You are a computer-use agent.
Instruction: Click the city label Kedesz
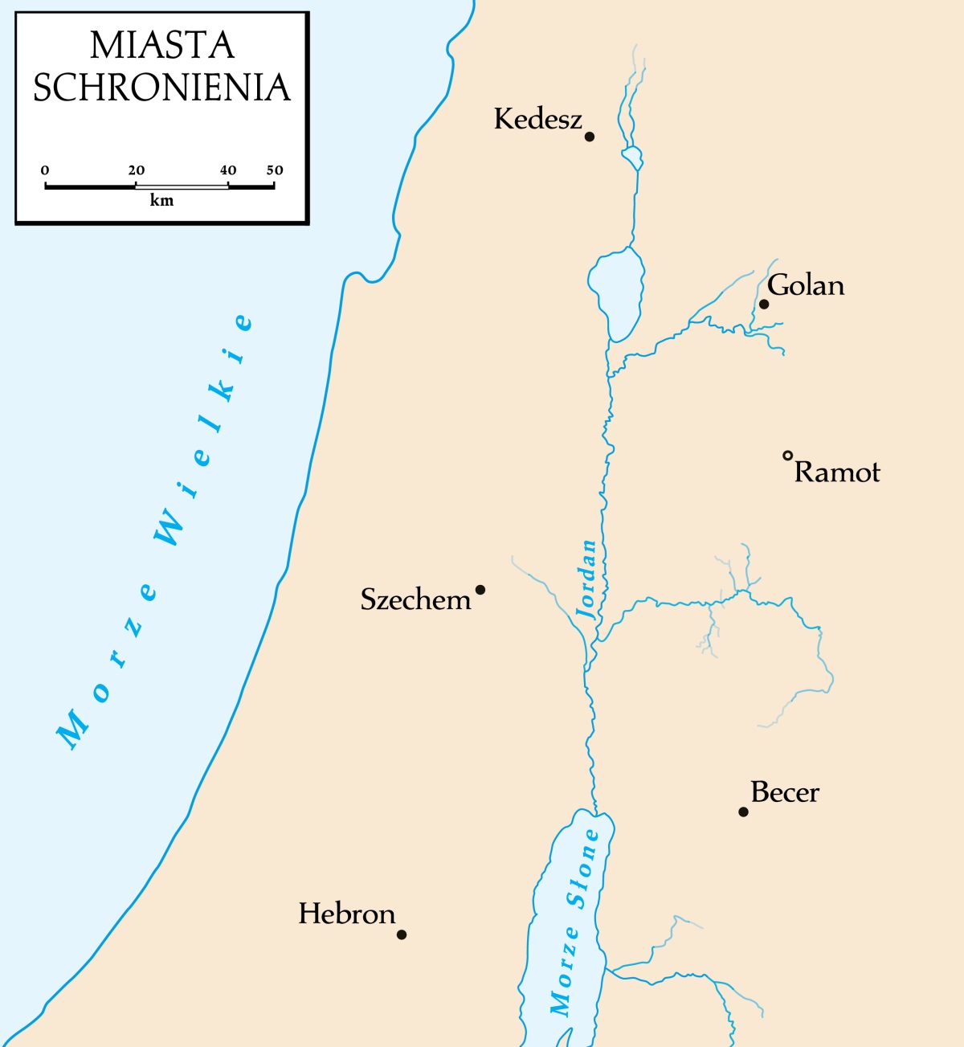tap(537, 119)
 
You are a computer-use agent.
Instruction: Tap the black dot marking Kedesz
tap(590, 137)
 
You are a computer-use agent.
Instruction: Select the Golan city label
tap(806, 285)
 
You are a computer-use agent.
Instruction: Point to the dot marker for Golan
tap(764, 304)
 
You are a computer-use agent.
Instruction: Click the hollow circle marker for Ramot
tap(788, 456)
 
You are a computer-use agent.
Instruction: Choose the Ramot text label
tap(837, 472)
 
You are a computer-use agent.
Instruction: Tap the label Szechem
tap(415, 599)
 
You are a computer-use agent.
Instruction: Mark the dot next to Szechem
tap(480, 590)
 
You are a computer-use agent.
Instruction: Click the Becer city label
tap(785, 792)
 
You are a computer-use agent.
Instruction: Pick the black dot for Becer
tap(744, 812)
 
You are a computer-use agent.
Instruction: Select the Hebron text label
tap(347, 914)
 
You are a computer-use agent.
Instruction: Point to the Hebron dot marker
tap(402, 935)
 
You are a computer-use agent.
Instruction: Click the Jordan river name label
tap(588, 579)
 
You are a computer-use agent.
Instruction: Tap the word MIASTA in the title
tap(161, 46)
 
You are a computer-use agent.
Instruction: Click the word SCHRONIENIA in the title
tap(161, 88)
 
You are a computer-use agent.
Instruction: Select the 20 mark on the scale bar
tap(137, 170)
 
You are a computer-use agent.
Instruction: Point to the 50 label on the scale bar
tap(275, 170)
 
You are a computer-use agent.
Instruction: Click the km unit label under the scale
tap(161, 201)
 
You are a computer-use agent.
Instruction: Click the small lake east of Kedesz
tap(633, 157)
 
